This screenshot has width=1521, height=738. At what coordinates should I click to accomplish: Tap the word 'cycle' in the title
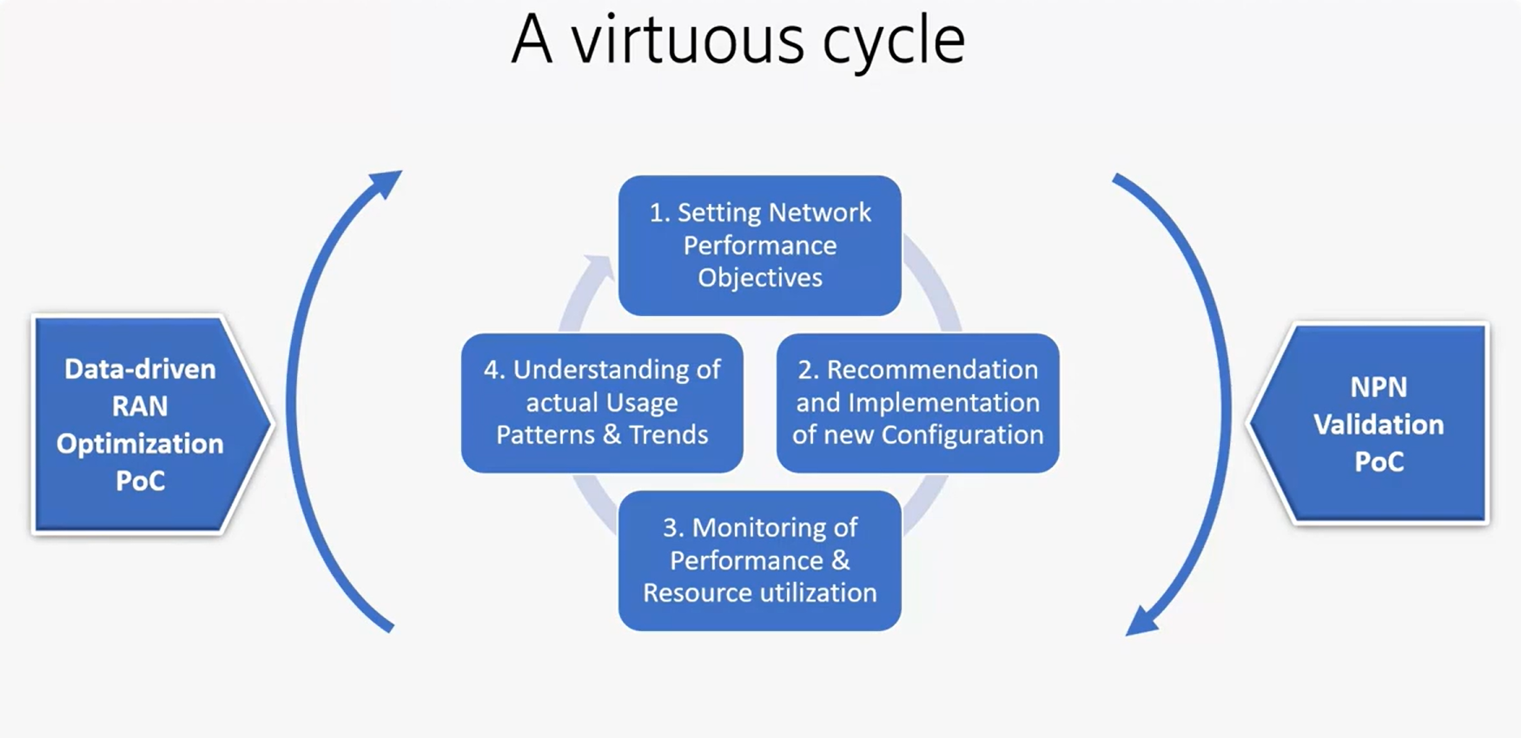pos(894,42)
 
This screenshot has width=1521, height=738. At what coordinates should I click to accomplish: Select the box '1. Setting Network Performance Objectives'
pos(759,245)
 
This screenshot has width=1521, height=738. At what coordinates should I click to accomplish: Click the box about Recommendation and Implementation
pos(917,402)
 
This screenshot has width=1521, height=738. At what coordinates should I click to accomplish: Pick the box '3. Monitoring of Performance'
pos(759,560)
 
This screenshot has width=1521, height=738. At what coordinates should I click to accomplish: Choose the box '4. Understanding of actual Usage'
pos(602,402)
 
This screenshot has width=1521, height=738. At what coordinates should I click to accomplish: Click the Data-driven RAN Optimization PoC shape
pos(143,424)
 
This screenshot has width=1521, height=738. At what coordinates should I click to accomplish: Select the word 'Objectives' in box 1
pos(760,278)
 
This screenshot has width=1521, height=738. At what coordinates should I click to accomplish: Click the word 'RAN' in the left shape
pos(140,406)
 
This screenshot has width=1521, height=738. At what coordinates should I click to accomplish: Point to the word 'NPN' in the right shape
pos(1379,387)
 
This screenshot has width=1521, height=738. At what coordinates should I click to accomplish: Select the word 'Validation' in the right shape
pos(1379,425)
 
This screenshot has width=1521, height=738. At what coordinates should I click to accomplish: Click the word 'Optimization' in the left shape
pos(140,444)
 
